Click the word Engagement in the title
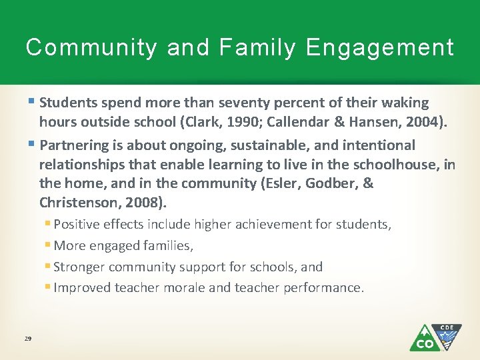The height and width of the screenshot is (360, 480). point(380,48)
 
